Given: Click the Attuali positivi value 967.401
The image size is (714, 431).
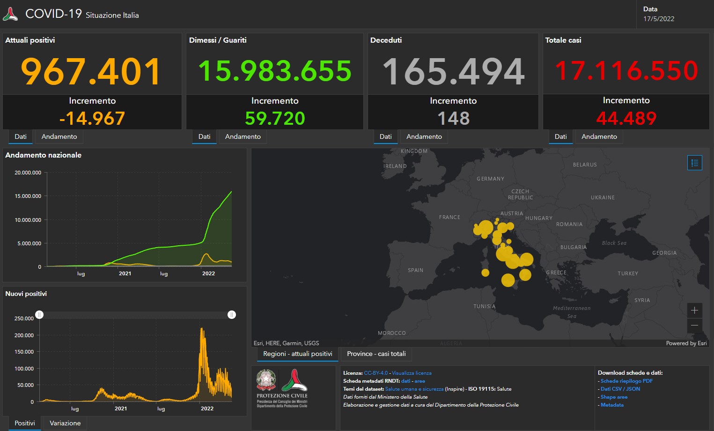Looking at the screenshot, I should click(x=91, y=71).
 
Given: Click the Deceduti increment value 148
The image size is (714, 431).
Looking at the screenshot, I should click(x=453, y=118).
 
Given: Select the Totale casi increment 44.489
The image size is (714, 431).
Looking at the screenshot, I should click(x=626, y=118).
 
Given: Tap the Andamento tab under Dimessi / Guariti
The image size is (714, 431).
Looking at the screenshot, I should click(x=243, y=136).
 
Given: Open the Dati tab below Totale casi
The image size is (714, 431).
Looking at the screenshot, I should click(x=560, y=136).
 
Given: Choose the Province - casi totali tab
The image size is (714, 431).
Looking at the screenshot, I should click(x=376, y=354).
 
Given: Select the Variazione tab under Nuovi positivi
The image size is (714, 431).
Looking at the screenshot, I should click(x=65, y=423).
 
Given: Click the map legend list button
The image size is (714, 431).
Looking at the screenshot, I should click(x=694, y=163).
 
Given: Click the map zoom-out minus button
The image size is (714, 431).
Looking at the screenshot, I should click(x=694, y=325).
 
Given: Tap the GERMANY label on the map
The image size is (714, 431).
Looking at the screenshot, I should click(x=490, y=179).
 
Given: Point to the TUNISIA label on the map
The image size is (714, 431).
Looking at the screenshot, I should click(x=484, y=306).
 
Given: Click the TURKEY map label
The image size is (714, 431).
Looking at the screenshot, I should click(x=627, y=273).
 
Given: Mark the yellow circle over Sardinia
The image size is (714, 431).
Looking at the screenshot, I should click(x=486, y=272).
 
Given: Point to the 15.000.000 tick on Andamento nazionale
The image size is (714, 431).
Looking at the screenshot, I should click(x=28, y=196).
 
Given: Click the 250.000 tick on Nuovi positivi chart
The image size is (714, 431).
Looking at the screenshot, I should click(x=24, y=318).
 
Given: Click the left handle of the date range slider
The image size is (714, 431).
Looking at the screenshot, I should click(x=39, y=315).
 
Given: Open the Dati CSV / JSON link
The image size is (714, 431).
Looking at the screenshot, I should click(x=620, y=389).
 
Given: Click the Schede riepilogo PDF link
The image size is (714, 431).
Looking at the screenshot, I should click(x=626, y=381).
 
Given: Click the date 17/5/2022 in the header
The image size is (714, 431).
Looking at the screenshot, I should click(x=658, y=19).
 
